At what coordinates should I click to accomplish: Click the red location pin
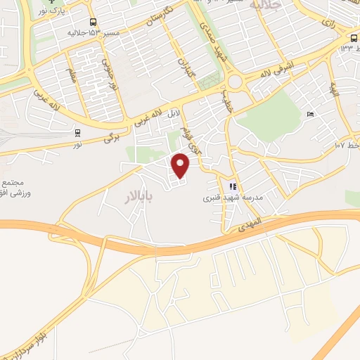coord(181,165)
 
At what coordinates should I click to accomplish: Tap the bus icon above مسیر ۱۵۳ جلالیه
coord(94,22)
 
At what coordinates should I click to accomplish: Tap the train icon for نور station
coord(77,131)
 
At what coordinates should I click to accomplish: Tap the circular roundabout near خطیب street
coord(234,82)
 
